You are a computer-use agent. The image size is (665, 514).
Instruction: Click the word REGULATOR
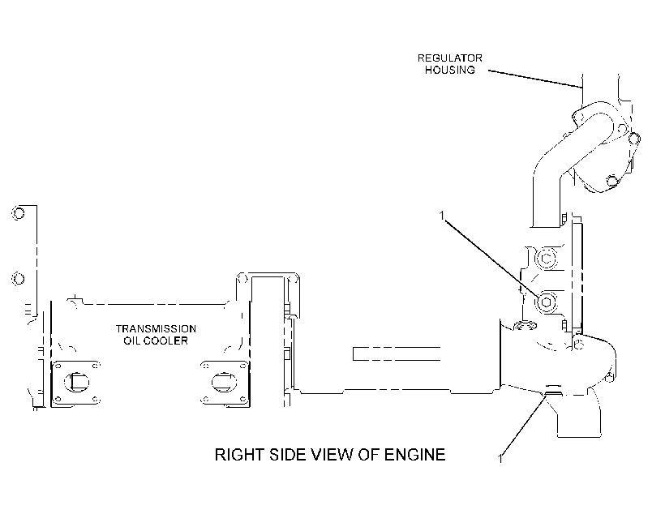pos(449,58)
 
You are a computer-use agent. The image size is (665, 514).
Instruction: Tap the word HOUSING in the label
pos(450,70)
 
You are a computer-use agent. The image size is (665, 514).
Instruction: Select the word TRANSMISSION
pos(156,328)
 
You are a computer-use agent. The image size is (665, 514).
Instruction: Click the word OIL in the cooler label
pos(131,341)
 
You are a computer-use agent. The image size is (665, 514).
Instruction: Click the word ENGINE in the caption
pos(414,455)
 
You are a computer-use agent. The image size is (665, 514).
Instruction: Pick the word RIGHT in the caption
pos(239,455)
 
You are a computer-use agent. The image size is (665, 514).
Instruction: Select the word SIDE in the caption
pos(289,455)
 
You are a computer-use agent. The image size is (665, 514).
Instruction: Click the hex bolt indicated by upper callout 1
pos(546,302)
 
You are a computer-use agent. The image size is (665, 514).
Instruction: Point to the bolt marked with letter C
pos(547,259)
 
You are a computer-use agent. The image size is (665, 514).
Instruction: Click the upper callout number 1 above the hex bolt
pos(441,216)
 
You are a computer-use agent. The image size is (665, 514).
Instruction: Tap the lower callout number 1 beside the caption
pos(500,458)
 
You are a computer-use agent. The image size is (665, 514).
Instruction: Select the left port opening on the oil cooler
pos(76,382)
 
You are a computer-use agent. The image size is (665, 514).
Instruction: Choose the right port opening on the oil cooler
pos(225,382)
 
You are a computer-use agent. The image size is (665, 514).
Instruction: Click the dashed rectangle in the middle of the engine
pos(397,353)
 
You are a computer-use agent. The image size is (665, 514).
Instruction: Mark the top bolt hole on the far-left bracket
pos(18,213)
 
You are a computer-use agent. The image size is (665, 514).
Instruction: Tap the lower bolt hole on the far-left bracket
pos(18,279)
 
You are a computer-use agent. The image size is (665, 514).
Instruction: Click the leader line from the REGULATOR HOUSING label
pos(535,79)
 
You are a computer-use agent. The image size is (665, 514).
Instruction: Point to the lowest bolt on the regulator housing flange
pos(611,181)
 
